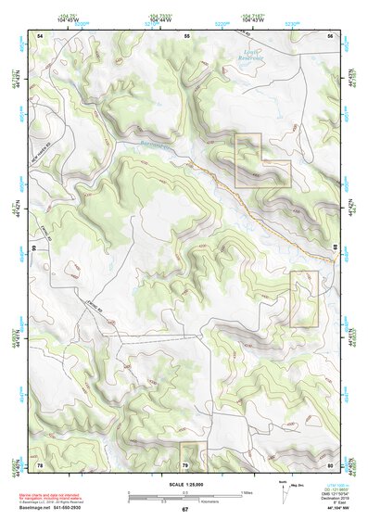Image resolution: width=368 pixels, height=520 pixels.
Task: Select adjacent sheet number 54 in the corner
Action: click(x=40, y=35)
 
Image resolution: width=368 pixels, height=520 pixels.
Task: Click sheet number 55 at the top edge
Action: click(x=186, y=35)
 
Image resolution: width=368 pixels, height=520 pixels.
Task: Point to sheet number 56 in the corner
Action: click(x=330, y=35)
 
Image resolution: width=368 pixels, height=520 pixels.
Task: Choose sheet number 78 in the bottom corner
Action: click(x=40, y=464)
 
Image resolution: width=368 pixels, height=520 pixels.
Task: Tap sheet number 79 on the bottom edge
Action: click(x=185, y=464)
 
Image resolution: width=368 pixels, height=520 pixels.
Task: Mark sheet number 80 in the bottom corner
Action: click(x=330, y=464)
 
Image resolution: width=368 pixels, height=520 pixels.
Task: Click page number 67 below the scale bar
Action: click(x=184, y=510)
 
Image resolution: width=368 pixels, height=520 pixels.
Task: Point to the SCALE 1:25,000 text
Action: click(x=184, y=483)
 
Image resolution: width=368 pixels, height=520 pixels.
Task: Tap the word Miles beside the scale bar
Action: click(x=247, y=491)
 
